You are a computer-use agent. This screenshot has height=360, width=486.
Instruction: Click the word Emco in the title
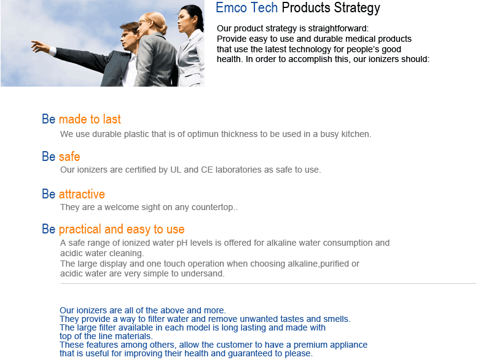tap(231, 8)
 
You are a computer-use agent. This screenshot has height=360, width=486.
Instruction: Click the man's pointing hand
tap(40, 47)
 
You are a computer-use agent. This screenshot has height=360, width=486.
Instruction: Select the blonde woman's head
tap(152, 23)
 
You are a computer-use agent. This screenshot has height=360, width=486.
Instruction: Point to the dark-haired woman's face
tap(183, 22)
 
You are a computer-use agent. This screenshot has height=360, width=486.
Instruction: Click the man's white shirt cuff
tap(53, 51)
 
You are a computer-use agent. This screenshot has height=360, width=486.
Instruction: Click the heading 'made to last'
tap(90, 119)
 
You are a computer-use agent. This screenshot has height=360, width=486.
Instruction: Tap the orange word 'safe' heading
tap(69, 157)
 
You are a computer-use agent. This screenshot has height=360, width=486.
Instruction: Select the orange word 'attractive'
tap(82, 194)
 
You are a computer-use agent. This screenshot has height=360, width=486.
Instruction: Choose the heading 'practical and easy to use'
tap(122, 230)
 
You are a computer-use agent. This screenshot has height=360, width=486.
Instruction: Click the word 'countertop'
tap(213, 207)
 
